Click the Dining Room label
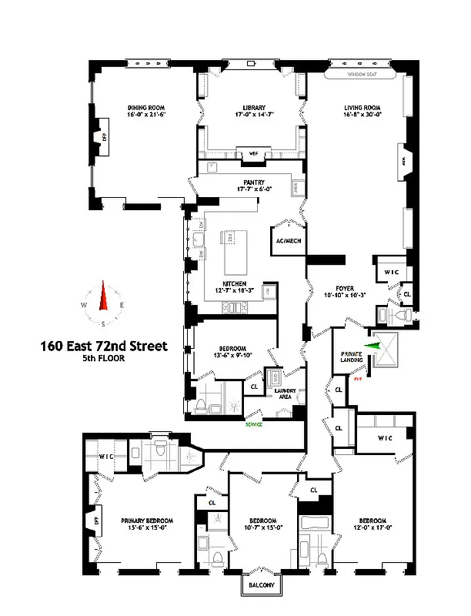pos(146,107)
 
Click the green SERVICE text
pos(254,424)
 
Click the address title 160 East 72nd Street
pos(103,346)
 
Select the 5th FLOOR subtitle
pos(103,359)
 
